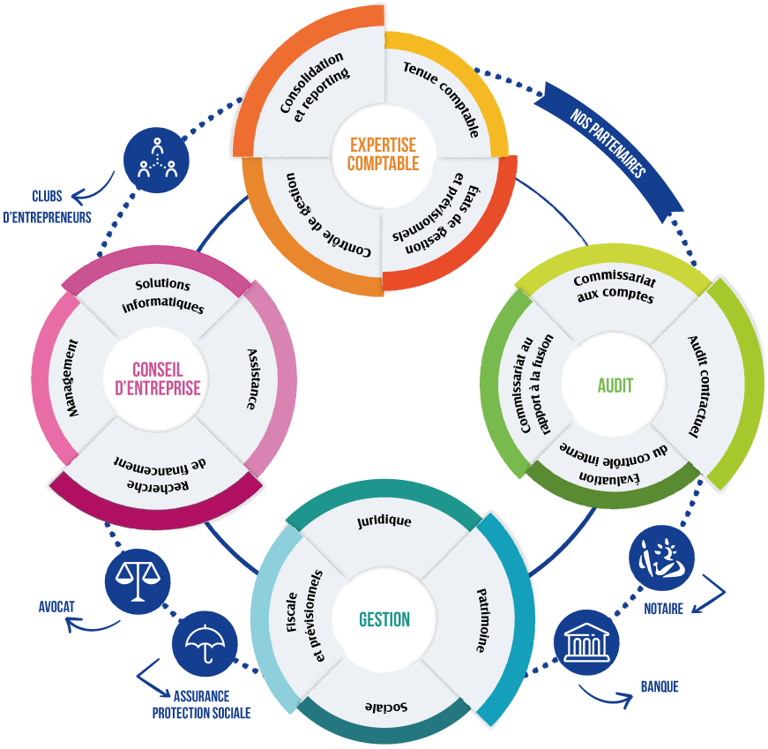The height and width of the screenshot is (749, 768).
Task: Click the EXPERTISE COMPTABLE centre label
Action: [383, 154]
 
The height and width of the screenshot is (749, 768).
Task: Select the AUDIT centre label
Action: [615, 386]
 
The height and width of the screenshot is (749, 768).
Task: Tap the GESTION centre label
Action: [384, 619]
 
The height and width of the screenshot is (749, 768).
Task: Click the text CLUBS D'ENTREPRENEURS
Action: [48, 206]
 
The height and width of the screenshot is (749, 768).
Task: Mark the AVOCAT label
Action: [56, 607]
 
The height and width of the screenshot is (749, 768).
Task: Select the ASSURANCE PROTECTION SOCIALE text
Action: [202, 704]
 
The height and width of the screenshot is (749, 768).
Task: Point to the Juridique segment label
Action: [384, 521]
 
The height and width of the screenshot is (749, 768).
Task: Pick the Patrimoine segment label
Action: [482, 618]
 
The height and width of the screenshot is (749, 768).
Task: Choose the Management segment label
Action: [72, 379]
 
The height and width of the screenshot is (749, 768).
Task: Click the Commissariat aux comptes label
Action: [615, 288]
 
